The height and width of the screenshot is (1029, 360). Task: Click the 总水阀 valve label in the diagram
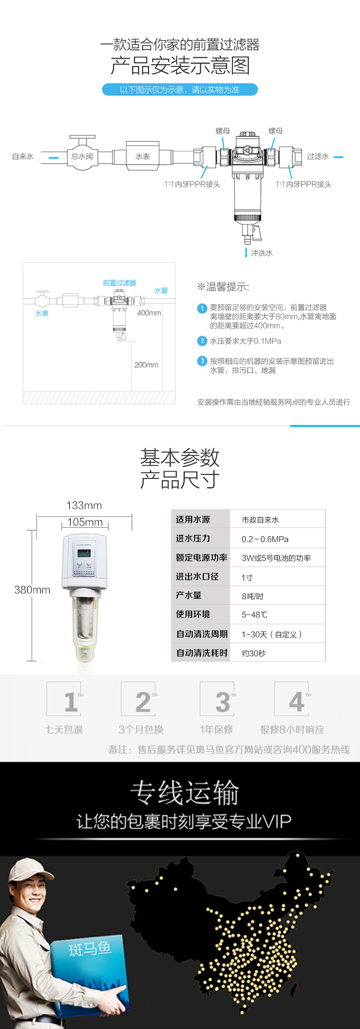[x=82, y=156]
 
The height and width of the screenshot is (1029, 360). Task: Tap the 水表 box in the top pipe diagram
[x=142, y=156]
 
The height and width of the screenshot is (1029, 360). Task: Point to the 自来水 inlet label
[x=23, y=156]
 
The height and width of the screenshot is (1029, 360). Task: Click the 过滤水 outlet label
[x=318, y=156]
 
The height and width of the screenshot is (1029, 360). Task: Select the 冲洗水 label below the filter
[x=262, y=253]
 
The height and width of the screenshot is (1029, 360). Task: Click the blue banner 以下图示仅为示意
[x=180, y=89]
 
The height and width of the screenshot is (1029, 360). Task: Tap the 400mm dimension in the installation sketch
[x=149, y=313]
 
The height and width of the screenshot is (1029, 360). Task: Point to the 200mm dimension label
[x=146, y=365]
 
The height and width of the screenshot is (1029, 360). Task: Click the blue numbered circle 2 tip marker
[x=202, y=341]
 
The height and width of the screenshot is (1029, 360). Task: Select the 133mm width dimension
[x=84, y=505]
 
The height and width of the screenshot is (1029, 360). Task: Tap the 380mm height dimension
[x=32, y=590]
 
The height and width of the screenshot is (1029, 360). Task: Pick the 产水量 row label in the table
[x=189, y=595]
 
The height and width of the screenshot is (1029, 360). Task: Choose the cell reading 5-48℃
[x=254, y=615]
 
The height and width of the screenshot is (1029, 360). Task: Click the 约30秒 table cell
[x=254, y=653]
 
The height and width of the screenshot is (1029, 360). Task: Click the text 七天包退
[x=64, y=729]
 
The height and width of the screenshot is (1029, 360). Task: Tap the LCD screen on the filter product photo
[x=84, y=553]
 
